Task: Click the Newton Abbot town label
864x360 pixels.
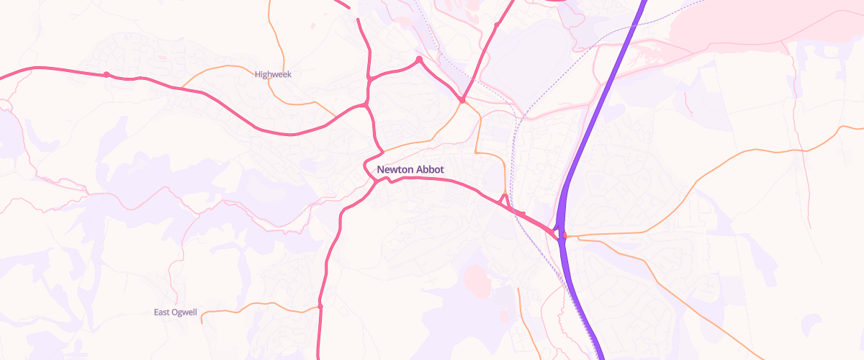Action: [410, 170]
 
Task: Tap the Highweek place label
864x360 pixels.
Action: [273, 74]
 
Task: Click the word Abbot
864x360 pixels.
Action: [429, 170]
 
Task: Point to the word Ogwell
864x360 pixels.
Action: [185, 312]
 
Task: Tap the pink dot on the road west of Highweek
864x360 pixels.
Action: [106, 74]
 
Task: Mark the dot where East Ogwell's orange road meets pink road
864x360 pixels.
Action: [320, 307]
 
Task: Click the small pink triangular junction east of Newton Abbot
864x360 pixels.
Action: [505, 201]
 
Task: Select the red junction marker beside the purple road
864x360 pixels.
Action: [564, 235]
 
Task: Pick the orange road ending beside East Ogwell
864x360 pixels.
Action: [216, 312]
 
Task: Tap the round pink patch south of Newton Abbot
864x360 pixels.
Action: [477, 279]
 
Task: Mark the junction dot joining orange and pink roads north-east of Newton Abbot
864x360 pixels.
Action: [462, 101]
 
